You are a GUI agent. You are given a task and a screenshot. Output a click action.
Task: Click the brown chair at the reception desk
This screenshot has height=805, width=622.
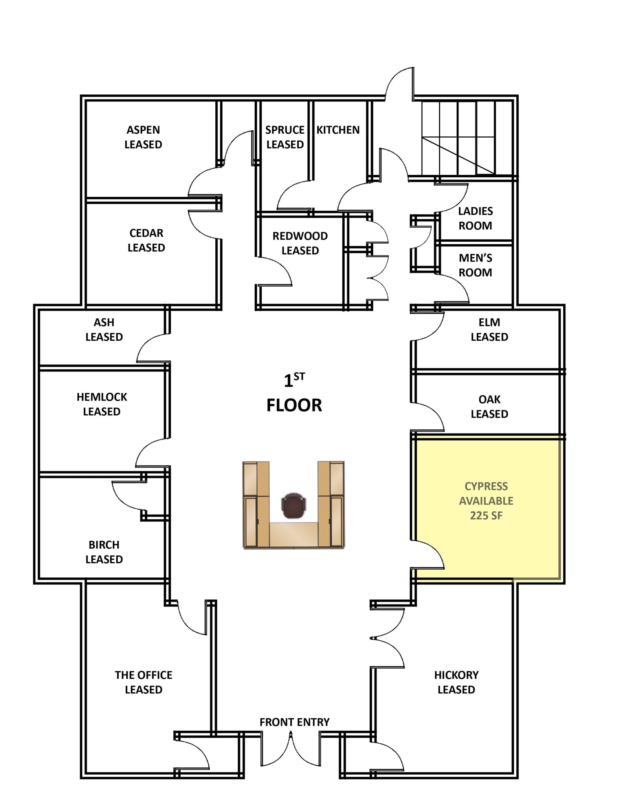pyautogui.click(x=294, y=505)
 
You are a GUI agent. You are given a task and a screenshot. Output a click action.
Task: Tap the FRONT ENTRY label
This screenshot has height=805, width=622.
pyautogui.click(x=294, y=722)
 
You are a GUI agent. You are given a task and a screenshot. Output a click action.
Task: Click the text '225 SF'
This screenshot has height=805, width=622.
pyautogui.click(x=486, y=515)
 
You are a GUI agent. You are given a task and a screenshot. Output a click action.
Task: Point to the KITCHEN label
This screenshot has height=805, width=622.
pyautogui.click(x=338, y=130)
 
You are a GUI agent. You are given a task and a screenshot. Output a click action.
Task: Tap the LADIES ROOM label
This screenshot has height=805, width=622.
pyautogui.click(x=475, y=218)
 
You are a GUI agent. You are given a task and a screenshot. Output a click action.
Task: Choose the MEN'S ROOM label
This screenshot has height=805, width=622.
pyautogui.click(x=475, y=265)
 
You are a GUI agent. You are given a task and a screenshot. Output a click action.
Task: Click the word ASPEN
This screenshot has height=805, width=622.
pyautogui.click(x=143, y=130)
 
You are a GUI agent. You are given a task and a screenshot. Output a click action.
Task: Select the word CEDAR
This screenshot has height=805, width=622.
pyautogui.click(x=146, y=233)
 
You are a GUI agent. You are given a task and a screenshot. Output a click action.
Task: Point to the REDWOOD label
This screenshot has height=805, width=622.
pyautogui.click(x=300, y=236)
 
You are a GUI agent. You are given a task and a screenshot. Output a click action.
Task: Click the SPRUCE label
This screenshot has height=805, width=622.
pyautogui.click(x=284, y=130)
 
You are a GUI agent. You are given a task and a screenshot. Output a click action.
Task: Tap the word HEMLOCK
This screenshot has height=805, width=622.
pyautogui.click(x=102, y=397)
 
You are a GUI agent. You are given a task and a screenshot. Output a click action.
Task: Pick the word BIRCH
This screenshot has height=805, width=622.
pyautogui.click(x=104, y=545)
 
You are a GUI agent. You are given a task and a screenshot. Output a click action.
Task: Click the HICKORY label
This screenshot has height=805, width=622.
pyautogui.click(x=456, y=675)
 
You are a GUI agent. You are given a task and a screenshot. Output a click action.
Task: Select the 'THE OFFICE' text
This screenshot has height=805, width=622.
pyautogui.click(x=143, y=675)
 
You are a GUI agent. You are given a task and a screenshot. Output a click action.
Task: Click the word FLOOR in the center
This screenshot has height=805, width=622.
pyautogui.click(x=294, y=405)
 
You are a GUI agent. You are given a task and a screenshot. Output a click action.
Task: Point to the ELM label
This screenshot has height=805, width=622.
pyautogui.click(x=489, y=322)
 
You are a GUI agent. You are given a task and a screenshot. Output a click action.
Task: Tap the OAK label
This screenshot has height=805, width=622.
pyautogui.click(x=489, y=399)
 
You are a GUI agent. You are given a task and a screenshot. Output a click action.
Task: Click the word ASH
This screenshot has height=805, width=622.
pyautogui.click(x=104, y=322)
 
